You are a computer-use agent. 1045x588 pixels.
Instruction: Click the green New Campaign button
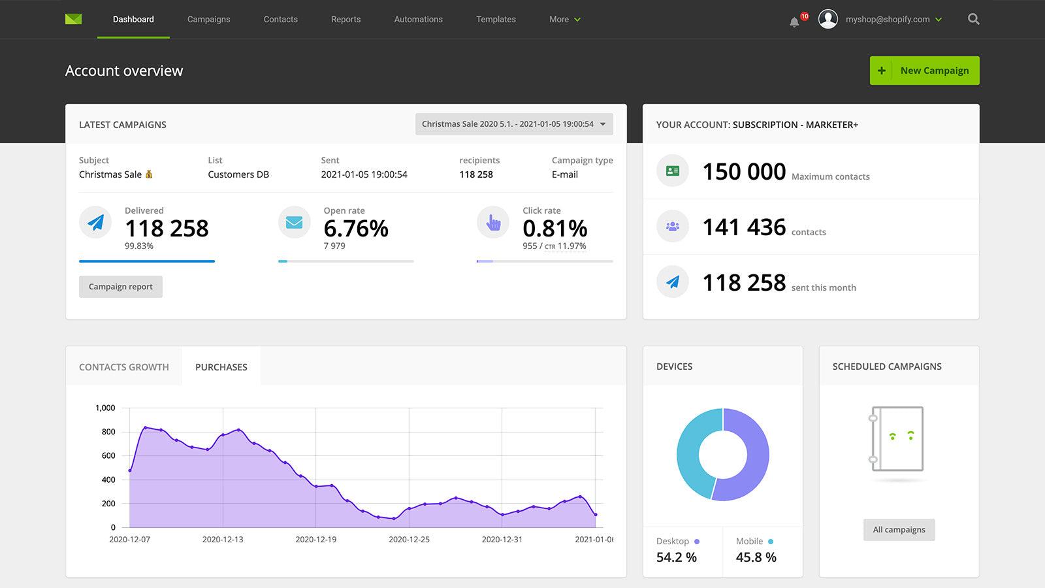[x=924, y=71]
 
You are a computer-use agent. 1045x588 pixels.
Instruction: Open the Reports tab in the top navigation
[x=346, y=20]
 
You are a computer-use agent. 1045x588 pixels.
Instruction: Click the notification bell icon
[x=794, y=22]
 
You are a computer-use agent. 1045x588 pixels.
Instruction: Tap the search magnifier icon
[x=973, y=20]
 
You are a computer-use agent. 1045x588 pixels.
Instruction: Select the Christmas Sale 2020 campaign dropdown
[x=513, y=124]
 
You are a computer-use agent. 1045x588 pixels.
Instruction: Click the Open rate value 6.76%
[x=356, y=229]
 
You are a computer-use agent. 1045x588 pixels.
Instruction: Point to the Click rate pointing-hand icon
[x=493, y=223]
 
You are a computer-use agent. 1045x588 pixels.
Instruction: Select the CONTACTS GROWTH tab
[x=123, y=367]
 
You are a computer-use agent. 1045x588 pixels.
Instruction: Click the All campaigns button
[x=899, y=530]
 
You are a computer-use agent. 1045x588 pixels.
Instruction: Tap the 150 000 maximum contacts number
[x=744, y=172]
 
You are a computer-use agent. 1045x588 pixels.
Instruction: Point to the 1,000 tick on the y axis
[x=105, y=408]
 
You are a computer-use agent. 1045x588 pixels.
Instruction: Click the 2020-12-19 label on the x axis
[x=315, y=540]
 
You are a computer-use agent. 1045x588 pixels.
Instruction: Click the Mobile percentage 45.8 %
[x=756, y=557]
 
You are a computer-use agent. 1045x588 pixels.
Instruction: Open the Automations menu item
[x=418, y=20]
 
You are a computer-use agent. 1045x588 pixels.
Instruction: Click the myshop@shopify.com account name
[x=887, y=20]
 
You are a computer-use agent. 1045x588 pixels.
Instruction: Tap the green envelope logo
[x=73, y=20]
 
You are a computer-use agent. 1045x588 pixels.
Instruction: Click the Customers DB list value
[x=238, y=174]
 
